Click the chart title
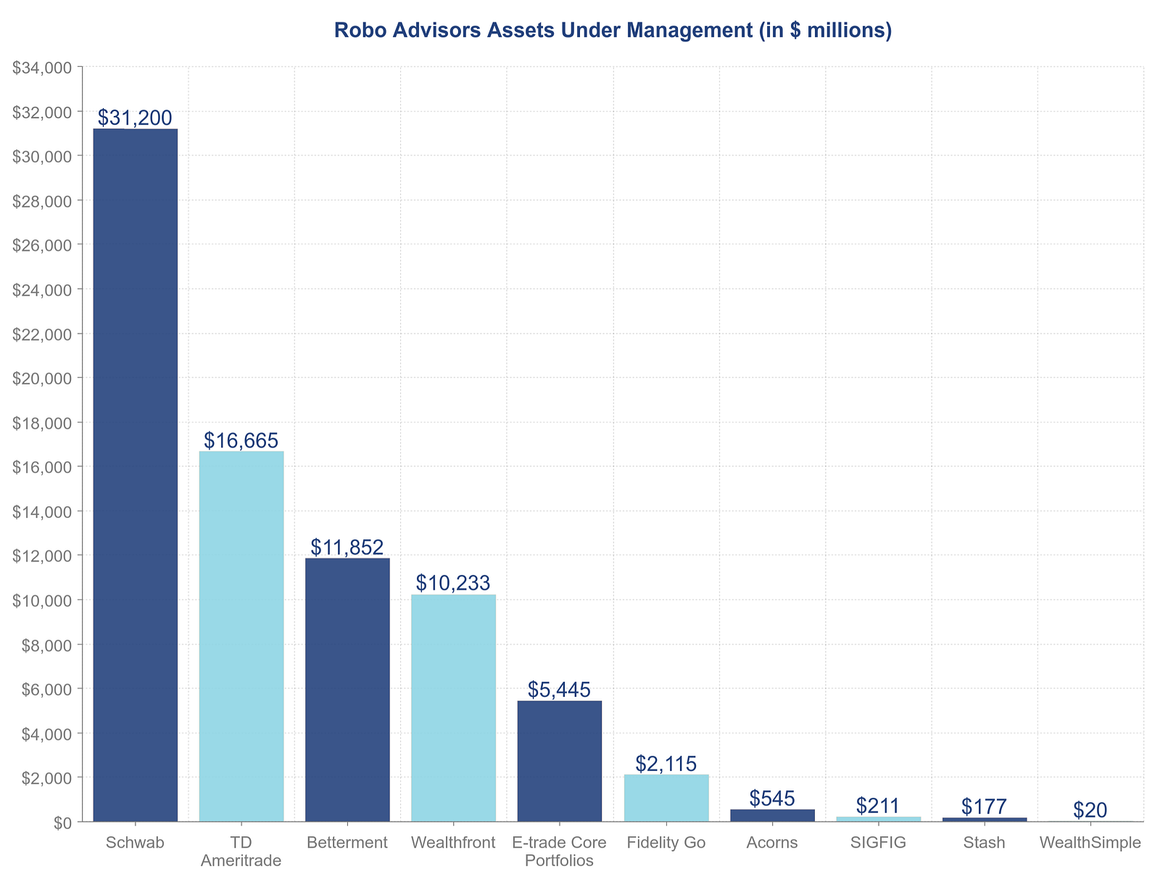tap(613, 30)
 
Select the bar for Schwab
tap(136, 475)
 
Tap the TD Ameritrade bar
tap(241, 636)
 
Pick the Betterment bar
tap(347, 690)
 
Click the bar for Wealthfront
tap(453, 708)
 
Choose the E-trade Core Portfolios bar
tap(560, 761)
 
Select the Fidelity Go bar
tap(666, 798)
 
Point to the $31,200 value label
tap(135, 117)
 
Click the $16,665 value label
tap(241, 440)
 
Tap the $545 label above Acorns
tap(772, 799)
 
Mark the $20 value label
tap(1090, 810)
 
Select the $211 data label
tap(878, 806)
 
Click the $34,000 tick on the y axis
tap(43, 67)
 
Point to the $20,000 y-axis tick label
tap(43, 378)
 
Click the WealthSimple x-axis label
tap(1090, 843)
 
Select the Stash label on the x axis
tap(985, 843)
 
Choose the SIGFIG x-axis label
tap(878, 843)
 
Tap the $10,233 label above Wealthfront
tap(453, 583)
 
